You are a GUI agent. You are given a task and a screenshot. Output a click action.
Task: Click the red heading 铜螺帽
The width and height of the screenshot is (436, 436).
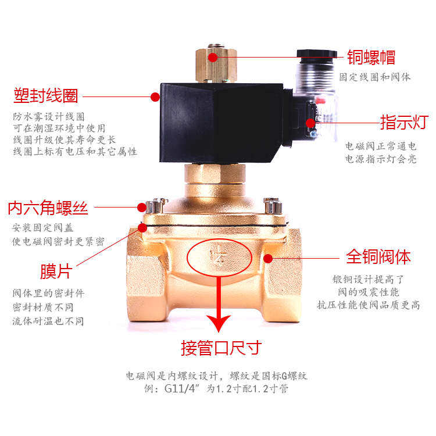click(371, 57)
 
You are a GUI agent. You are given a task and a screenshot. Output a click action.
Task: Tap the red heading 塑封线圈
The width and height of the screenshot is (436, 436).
click(46, 95)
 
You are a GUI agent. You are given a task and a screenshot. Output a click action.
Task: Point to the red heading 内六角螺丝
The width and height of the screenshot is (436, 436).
click(48, 208)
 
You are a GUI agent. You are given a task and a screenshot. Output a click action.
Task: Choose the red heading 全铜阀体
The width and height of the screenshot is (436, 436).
click(378, 256)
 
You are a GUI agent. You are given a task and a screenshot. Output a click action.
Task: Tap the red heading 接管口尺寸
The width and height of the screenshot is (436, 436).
click(221, 348)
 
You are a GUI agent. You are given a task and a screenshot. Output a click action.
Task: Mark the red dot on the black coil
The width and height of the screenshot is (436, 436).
click(155, 97)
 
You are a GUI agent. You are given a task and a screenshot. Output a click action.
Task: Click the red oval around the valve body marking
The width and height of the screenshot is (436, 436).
click(220, 257)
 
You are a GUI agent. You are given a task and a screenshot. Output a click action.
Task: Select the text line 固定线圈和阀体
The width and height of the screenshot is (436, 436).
click(375, 76)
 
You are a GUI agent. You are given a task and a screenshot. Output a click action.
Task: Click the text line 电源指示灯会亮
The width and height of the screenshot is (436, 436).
click(381, 159)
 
